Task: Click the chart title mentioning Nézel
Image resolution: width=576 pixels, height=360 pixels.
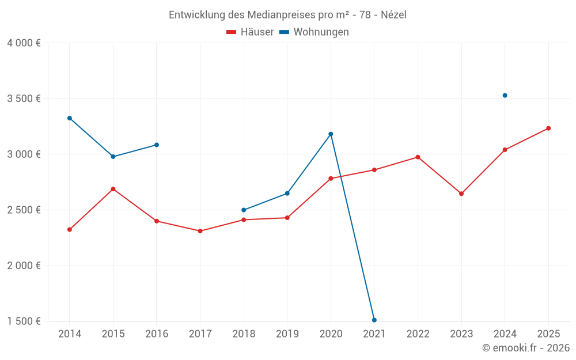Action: point(287,15)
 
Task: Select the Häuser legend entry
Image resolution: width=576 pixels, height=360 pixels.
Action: point(250,32)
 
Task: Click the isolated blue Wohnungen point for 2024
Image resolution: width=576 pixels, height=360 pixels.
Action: point(505,96)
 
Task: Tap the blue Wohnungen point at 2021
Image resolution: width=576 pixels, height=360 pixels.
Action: point(374,320)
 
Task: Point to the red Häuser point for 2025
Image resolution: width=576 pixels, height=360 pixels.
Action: point(548,128)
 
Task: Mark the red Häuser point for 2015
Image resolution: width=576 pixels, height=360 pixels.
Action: point(113,189)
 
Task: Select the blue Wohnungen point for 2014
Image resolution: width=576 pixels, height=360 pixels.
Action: point(70,118)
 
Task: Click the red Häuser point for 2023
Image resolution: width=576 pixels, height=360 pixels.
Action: point(461,194)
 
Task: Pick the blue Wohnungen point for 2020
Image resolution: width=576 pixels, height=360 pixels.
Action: point(331,134)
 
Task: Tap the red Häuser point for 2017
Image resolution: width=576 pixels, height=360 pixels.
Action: point(200,231)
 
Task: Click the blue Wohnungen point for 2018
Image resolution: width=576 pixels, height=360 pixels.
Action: point(244,210)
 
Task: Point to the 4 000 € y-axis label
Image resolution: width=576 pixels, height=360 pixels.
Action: point(24,43)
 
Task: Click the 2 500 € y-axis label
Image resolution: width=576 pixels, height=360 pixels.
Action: point(24,210)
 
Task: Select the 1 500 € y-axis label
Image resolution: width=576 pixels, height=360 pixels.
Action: point(24,321)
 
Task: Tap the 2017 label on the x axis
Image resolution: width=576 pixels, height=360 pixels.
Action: point(200,334)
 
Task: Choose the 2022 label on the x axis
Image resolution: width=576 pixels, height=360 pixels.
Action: point(418,334)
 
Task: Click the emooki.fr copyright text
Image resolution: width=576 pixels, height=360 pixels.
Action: point(525,348)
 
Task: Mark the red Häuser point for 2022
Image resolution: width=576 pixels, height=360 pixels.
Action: point(418,157)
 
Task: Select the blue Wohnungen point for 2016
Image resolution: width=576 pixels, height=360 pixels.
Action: point(157,145)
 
